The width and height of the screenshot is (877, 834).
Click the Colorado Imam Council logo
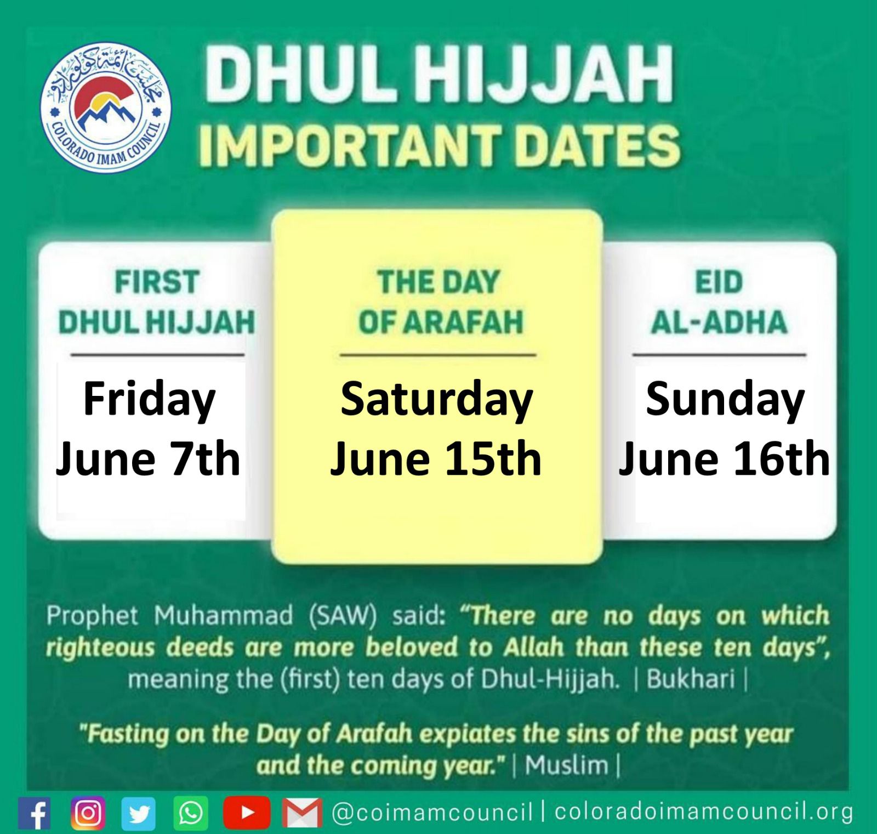[106, 108]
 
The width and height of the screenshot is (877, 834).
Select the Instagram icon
[88, 812]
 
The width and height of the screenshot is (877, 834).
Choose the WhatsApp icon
[191, 813]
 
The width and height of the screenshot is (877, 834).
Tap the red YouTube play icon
[247, 812]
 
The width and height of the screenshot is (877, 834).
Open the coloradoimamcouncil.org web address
[703, 811]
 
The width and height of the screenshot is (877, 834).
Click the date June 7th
[148, 458]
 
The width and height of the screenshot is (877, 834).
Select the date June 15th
[436, 458]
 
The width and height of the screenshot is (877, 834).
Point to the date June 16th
[724, 458]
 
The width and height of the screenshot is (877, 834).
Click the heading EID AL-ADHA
[719, 302]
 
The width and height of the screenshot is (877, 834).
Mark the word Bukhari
[691, 679]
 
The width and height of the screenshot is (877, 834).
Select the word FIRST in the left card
[157, 282]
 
